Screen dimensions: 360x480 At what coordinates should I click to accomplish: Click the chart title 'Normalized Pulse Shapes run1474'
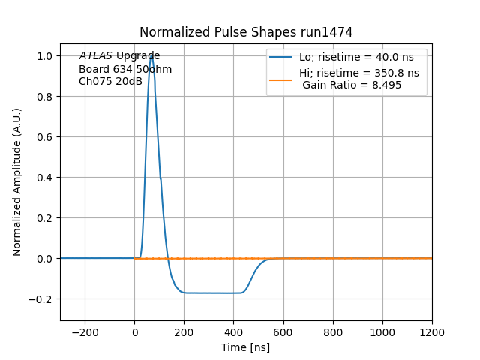point(246,32)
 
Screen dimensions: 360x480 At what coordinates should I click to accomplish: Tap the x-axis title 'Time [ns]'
point(246,347)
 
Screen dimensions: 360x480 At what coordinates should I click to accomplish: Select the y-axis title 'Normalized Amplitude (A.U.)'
point(17,182)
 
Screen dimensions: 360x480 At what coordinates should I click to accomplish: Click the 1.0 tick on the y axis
point(45,56)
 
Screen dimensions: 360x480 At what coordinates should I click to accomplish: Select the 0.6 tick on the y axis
point(45,137)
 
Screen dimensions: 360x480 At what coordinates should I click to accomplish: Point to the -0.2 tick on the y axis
point(42,298)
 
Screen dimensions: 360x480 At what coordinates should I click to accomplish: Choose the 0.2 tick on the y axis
point(45,218)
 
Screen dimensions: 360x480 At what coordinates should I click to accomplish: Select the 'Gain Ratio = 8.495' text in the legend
point(352,85)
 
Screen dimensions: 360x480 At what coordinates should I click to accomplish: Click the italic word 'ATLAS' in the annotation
point(95,56)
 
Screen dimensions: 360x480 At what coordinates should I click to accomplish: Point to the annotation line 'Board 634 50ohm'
point(125,69)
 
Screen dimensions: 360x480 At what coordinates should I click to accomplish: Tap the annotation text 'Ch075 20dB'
point(110,81)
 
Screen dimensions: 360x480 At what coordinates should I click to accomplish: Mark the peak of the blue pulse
point(151,56)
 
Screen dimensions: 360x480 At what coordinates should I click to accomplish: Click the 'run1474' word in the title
point(328,32)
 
